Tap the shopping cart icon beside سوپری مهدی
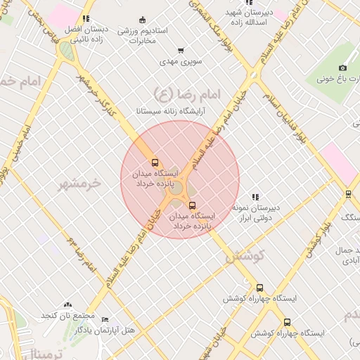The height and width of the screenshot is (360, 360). point(181,51)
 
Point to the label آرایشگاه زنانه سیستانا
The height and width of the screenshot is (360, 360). point(161,111)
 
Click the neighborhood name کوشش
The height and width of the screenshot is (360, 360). point(245,256)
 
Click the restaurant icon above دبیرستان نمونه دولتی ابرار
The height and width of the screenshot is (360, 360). point(255,198)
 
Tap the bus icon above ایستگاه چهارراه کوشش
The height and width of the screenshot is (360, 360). point(259,288)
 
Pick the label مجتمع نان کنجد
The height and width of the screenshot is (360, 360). point(67,317)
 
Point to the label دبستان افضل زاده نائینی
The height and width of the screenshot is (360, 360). point(85,36)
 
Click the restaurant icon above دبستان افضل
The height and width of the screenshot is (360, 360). point(86,20)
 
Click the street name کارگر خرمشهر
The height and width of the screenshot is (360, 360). point(105,94)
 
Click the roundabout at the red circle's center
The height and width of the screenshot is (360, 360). point(180,186)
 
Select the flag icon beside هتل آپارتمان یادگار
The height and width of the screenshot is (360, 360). point(105,319)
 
